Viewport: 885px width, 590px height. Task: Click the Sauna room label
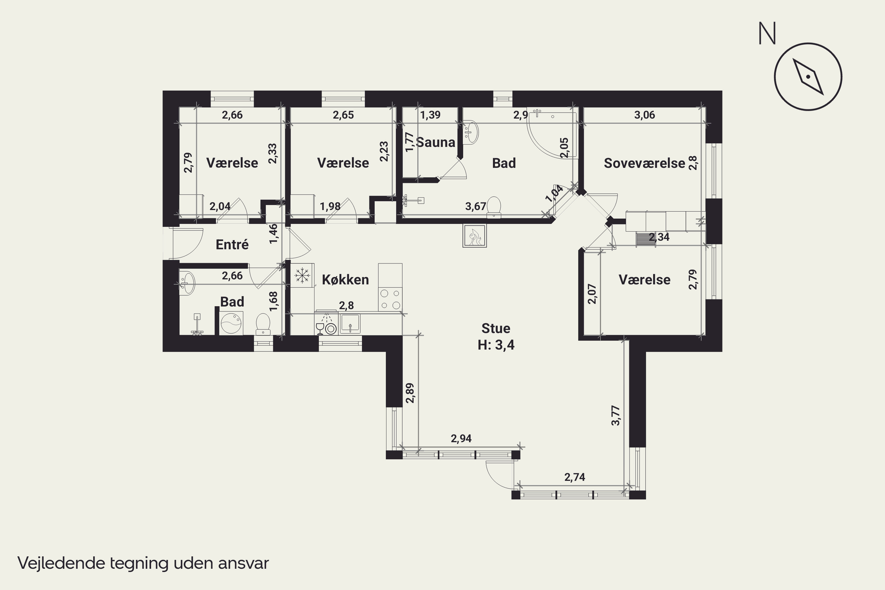[436, 142]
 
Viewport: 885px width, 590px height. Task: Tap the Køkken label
[345, 280]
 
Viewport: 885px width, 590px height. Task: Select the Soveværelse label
[645, 163]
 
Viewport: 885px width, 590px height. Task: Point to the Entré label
[232, 245]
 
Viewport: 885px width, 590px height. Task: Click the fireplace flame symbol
[474, 236]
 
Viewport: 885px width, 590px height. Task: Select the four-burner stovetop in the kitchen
[390, 299]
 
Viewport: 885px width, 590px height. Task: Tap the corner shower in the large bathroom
[552, 133]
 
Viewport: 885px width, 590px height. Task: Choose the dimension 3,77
[616, 415]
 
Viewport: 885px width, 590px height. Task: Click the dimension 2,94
[461, 438]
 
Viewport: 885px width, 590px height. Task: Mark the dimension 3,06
[645, 115]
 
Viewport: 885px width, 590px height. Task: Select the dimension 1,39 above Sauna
[430, 115]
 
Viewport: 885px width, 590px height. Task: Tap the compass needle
[808, 77]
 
